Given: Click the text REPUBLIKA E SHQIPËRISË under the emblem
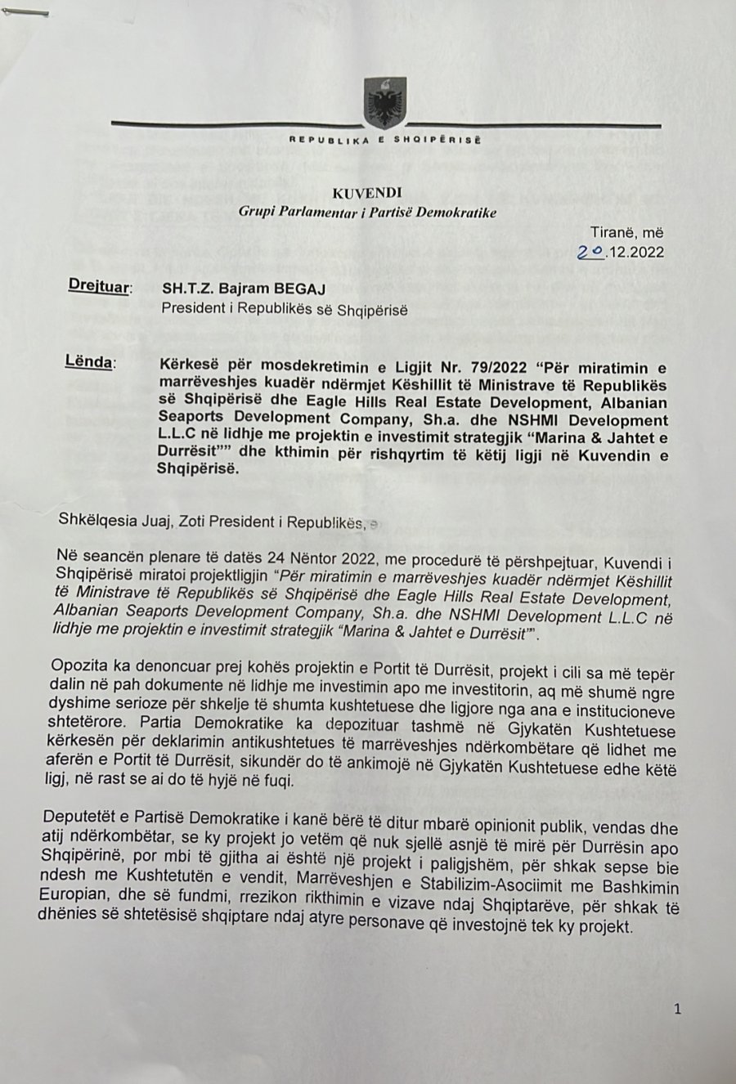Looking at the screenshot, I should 384,141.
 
